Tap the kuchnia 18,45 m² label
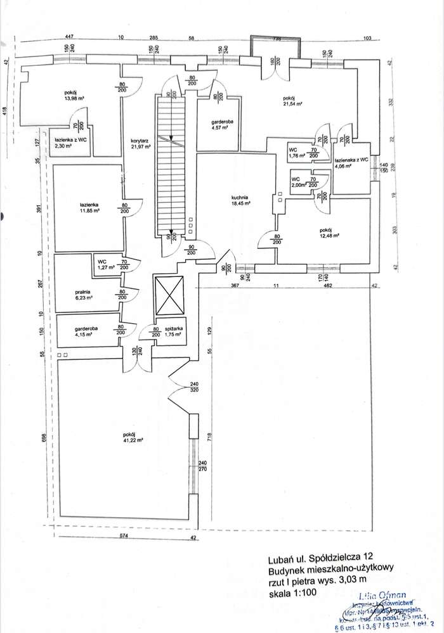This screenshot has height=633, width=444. (x=241, y=200)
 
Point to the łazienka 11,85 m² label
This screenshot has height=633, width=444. (x=88, y=208)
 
